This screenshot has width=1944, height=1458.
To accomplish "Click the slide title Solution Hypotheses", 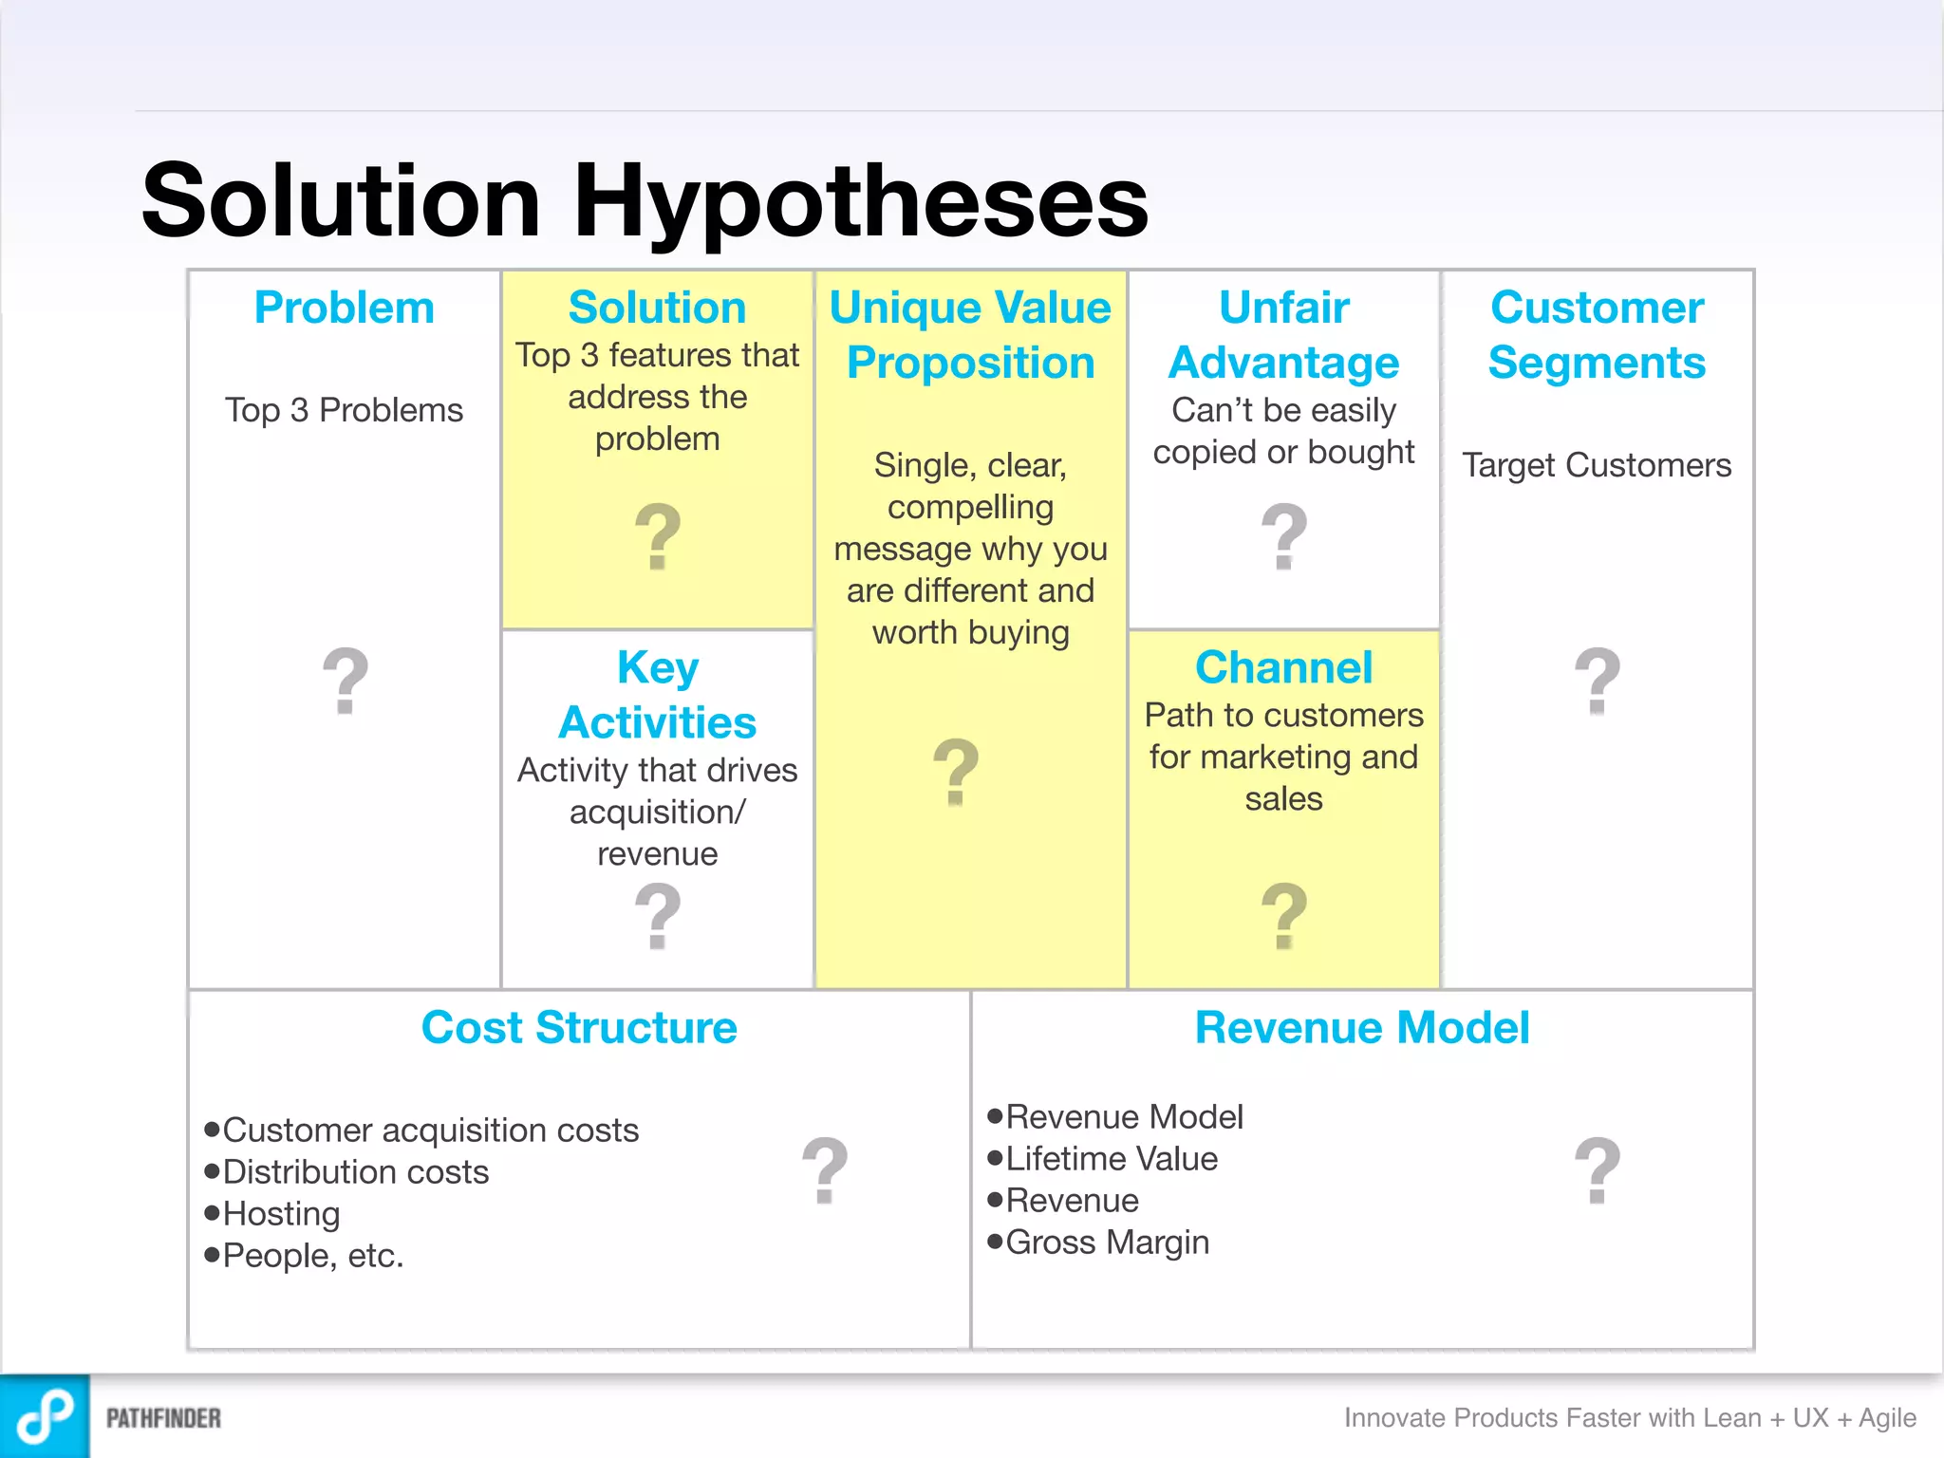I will (x=645, y=201).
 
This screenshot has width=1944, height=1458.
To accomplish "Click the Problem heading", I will (x=344, y=308).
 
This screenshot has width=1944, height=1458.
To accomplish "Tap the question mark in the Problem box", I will (x=345, y=681).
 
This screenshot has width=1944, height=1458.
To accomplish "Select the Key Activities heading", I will (x=657, y=695).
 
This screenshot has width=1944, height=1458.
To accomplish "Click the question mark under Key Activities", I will (x=657, y=916).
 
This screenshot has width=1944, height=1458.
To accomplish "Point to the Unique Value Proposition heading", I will (x=970, y=335).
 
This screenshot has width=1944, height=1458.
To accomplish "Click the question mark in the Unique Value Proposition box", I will (x=956, y=772).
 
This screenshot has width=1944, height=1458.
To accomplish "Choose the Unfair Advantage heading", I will (x=1283, y=335).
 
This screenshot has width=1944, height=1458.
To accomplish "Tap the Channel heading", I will (x=1283, y=667).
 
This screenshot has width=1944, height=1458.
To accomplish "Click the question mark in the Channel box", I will (x=1283, y=916).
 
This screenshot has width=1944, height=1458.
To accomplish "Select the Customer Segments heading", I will (x=1597, y=335).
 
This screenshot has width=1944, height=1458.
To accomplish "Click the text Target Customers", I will (x=1597, y=465).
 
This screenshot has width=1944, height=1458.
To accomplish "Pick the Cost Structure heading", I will (x=579, y=1027).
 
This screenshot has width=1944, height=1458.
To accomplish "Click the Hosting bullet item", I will (x=281, y=1213).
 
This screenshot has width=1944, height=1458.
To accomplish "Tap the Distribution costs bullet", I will (x=355, y=1171).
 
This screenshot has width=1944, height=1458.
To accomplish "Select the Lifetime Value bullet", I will (x=1111, y=1158).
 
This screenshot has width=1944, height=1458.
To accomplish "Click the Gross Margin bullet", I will (x=1107, y=1242).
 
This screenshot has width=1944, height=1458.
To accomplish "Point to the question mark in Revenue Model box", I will (x=1597, y=1170).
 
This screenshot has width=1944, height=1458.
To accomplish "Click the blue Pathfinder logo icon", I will (x=45, y=1416).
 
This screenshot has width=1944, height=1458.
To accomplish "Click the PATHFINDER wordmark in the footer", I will (x=163, y=1418).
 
